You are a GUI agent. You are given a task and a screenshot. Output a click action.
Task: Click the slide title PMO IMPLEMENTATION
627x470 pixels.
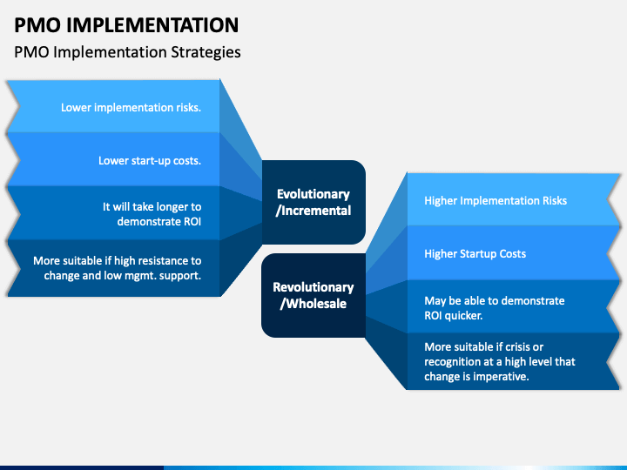(126, 25)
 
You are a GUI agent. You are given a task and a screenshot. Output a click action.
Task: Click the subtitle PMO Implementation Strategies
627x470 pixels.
(127, 52)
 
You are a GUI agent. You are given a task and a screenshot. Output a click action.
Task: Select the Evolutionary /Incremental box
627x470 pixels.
(313, 202)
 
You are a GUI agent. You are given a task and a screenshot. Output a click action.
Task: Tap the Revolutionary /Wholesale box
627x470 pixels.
(313, 295)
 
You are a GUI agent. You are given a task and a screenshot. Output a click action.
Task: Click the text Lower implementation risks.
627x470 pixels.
(131, 108)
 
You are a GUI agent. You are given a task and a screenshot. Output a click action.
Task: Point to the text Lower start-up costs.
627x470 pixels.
(150, 161)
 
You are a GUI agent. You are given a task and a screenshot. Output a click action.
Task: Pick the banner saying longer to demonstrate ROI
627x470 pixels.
(113, 213)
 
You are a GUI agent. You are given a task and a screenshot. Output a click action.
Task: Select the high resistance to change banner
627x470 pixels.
(113, 268)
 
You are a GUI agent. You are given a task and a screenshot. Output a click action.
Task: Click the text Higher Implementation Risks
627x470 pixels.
(496, 201)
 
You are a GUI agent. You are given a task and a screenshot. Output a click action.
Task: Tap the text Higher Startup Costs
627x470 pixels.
(475, 254)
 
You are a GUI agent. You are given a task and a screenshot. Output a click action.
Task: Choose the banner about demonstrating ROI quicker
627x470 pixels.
(514, 307)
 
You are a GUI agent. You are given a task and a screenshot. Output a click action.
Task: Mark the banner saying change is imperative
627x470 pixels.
(514, 361)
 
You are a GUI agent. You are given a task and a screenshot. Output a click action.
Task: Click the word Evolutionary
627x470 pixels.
(313, 194)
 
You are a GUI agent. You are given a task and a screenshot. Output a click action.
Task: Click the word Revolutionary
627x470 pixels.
(313, 287)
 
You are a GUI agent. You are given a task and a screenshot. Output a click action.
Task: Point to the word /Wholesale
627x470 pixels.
(313, 304)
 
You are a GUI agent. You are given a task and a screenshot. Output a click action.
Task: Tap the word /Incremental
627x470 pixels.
(313, 211)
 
